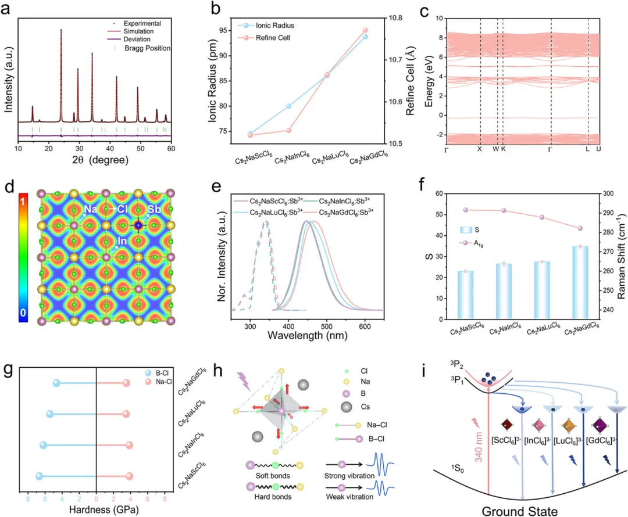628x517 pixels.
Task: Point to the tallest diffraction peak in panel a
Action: [61, 30]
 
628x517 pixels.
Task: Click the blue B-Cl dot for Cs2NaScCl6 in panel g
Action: [40, 477]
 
